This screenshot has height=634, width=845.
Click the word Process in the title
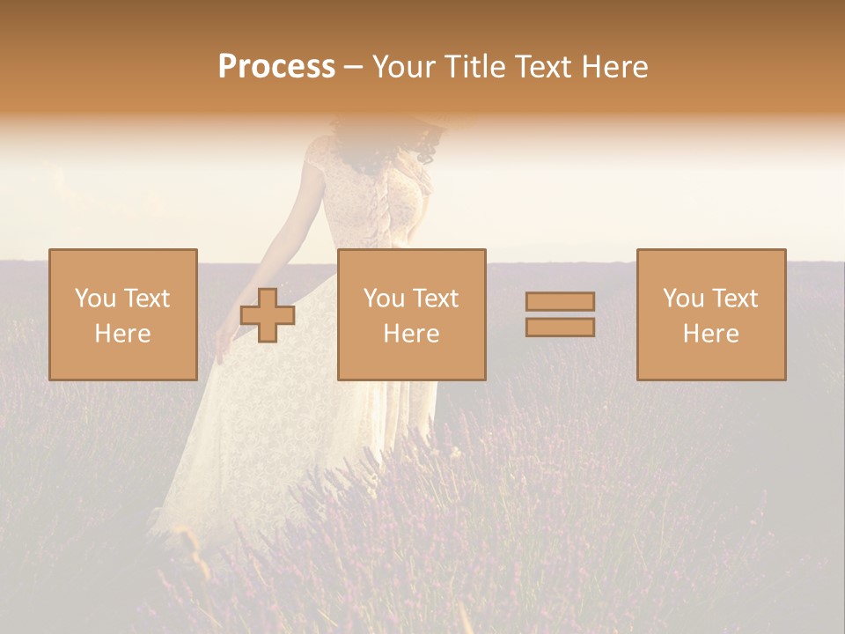pos(276,67)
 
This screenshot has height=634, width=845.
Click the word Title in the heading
pos(474,67)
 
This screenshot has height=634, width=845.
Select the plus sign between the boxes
pos(268,315)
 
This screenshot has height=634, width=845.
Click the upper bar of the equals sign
pos(560,302)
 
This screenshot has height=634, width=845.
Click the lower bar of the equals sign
pos(560,328)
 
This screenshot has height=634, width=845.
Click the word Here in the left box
pos(122,334)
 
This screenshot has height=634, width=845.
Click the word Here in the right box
pos(710,334)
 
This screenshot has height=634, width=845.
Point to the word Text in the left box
pos(147,299)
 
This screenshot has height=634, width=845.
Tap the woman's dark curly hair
pos(426,146)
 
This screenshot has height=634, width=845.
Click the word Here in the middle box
pos(411,334)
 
